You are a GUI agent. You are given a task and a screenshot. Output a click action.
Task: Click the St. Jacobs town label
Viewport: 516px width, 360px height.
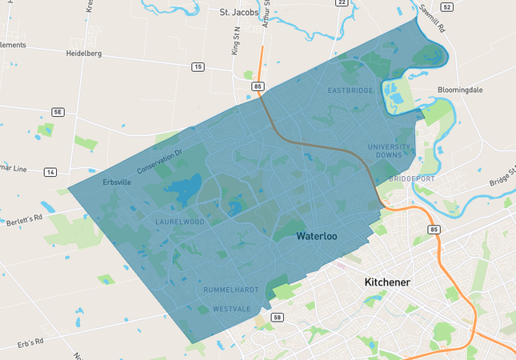(x=239, y=13)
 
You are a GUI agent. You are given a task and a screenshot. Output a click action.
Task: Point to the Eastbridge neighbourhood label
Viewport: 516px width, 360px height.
(x=350, y=90)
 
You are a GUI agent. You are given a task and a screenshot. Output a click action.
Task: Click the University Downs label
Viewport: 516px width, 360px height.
(x=390, y=151)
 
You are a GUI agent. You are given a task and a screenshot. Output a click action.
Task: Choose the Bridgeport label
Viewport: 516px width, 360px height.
(x=410, y=179)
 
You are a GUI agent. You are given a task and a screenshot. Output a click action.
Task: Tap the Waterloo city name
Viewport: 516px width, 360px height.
(x=317, y=237)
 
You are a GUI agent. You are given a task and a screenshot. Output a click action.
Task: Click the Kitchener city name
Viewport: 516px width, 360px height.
(x=387, y=282)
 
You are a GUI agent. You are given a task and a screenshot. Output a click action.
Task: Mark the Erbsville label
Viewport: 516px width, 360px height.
(x=117, y=182)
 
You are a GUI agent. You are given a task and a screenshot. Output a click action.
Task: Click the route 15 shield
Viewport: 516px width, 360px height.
(x=198, y=66)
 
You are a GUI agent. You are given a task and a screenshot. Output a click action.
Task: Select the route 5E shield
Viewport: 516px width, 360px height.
(x=57, y=112)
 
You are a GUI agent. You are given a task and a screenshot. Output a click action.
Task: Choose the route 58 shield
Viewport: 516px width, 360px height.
(x=277, y=318)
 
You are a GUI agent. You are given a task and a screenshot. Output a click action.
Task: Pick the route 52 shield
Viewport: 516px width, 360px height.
(x=446, y=6)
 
